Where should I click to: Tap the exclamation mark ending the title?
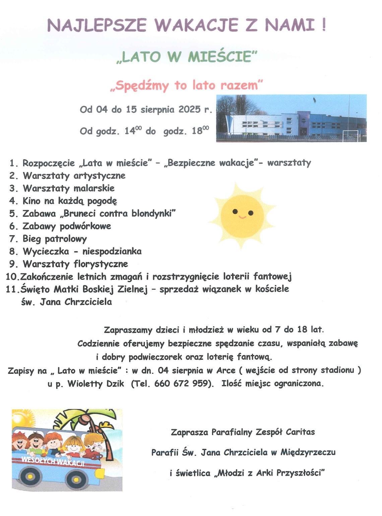(x=323, y=25)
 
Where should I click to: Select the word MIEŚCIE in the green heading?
(x=219, y=56)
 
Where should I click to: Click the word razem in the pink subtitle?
(x=240, y=85)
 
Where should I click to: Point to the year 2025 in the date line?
(x=190, y=109)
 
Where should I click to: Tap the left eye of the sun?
(x=235, y=211)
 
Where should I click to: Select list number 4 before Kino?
(x=13, y=201)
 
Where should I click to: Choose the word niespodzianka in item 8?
(x=112, y=251)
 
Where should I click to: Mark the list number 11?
(x=11, y=289)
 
